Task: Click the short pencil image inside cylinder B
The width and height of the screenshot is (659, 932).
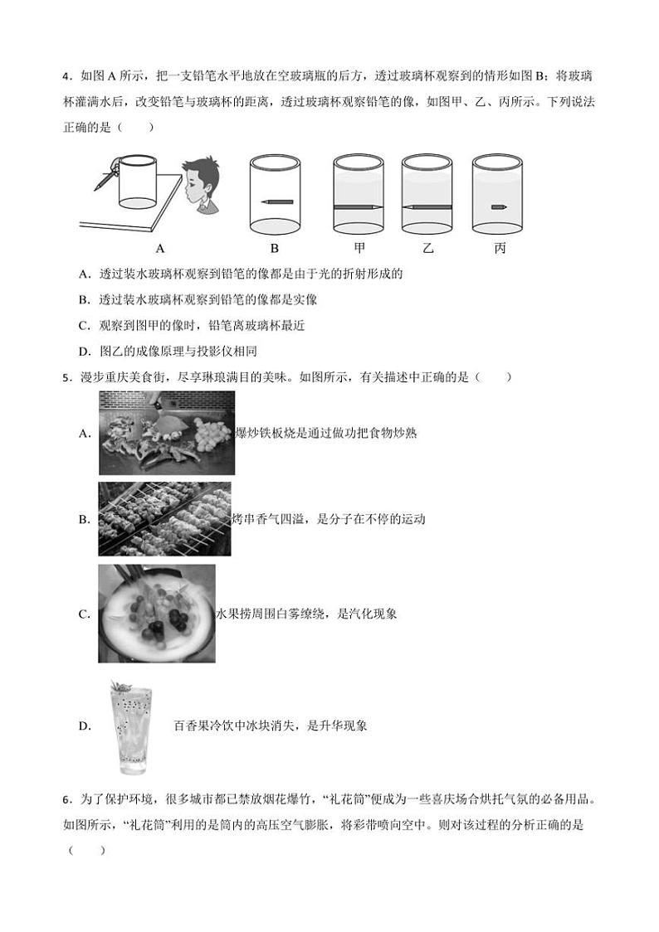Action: tap(275, 201)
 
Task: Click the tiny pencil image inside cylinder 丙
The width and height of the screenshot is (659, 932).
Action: tap(498, 206)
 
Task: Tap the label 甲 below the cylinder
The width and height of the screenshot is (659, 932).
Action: tap(359, 247)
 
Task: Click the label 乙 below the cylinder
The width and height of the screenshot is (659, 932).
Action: tap(427, 247)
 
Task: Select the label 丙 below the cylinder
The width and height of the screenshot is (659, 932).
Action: tap(499, 247)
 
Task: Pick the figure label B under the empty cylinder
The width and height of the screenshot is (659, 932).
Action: tap(275, 247)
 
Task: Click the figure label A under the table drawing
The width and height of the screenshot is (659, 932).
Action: tap(159, 247)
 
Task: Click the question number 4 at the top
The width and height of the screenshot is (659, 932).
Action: tap(66, 78)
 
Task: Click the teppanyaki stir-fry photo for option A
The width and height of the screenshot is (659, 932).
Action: tap(166, 433)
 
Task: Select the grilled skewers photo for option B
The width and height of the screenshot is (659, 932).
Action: tap(164, 519)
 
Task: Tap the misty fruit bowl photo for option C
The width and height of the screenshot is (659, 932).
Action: tap(156, 614)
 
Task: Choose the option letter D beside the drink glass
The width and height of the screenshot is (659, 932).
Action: tap(84, 726)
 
